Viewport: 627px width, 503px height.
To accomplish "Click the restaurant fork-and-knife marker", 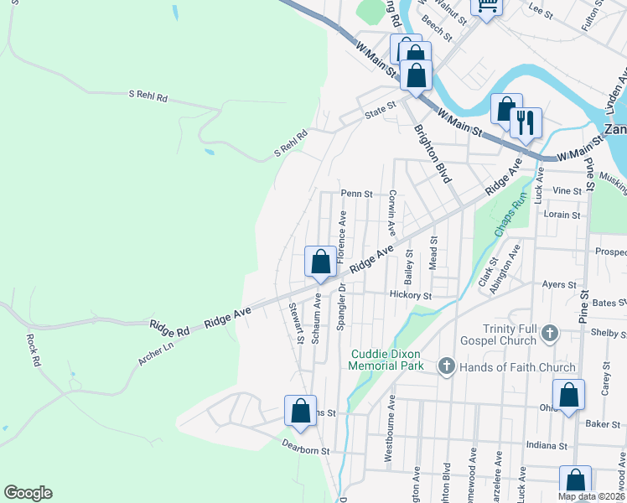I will [526, 123].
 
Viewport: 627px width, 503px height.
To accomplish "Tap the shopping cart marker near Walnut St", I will [486, 7].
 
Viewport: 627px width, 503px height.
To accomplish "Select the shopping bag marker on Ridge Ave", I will [320, 262].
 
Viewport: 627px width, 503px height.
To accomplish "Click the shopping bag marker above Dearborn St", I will [300, 411].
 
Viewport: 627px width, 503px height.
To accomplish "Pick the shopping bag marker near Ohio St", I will [568, 396].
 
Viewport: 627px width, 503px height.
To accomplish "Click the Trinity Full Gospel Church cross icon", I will [549, 334].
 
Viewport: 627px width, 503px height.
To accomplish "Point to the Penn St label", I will [355, 193].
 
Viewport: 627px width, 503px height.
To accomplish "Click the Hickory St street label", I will [410, 295].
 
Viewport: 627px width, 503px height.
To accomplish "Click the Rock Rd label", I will [34, 350].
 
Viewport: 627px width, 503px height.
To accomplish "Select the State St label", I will [379, 109].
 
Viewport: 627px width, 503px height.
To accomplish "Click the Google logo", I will [28, 493].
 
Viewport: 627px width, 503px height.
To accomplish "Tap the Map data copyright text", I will [591, 496].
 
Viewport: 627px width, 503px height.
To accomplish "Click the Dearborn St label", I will [306, 451].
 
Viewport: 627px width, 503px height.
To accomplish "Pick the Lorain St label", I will [562, 215].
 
